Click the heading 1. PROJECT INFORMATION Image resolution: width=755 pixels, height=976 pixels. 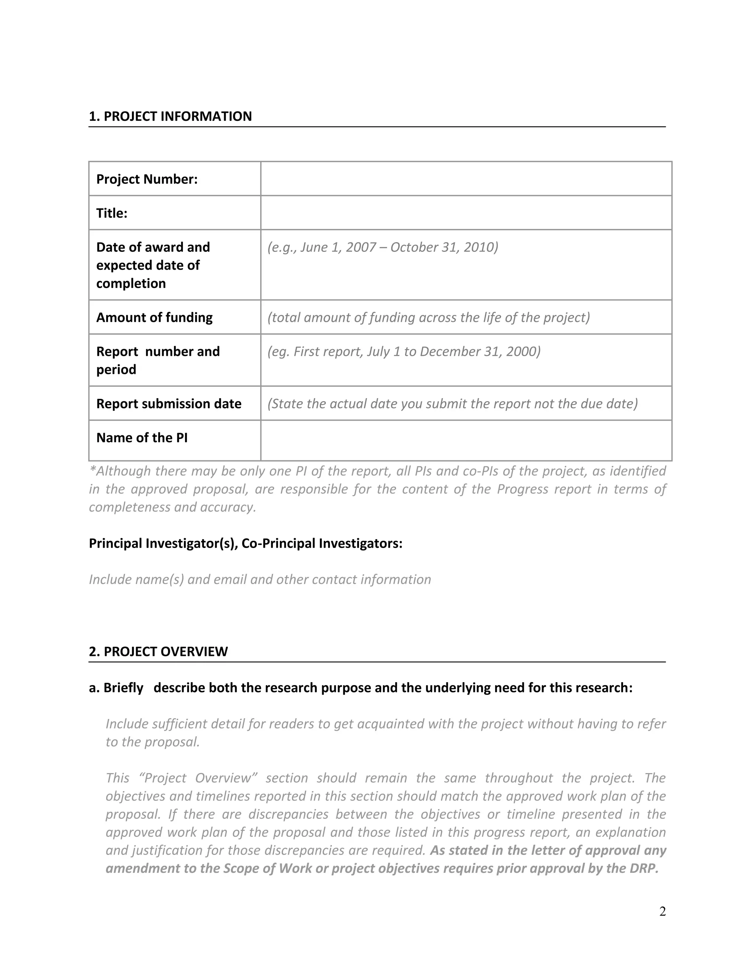(x=170, y=116)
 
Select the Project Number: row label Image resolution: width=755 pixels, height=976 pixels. (x=147, y=179)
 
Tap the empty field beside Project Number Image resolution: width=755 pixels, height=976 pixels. (x=466, y=179)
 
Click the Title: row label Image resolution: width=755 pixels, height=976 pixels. (x=112, y=213)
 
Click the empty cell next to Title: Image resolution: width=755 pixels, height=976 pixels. (x=466, y=213)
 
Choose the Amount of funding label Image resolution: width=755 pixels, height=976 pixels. (x=154, y=317)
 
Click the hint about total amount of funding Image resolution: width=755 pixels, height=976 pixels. (x=428, y=317)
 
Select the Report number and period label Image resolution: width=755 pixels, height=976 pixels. (x=158, y=360)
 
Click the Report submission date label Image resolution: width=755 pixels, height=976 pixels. (x=168, y=404)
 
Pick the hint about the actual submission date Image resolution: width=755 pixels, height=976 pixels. (x=452, y=404)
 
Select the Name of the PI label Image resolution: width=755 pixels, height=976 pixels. (x=142, y=438)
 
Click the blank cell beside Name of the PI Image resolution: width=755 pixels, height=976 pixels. (x=466, y=440)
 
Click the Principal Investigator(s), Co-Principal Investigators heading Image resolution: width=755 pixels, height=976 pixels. (x=246, y=543)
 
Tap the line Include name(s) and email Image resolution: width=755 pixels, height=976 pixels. (x=260, y=579)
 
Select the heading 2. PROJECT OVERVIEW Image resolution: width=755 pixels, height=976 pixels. (x=158, y=651)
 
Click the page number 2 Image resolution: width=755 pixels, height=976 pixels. (x=662, y=911)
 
